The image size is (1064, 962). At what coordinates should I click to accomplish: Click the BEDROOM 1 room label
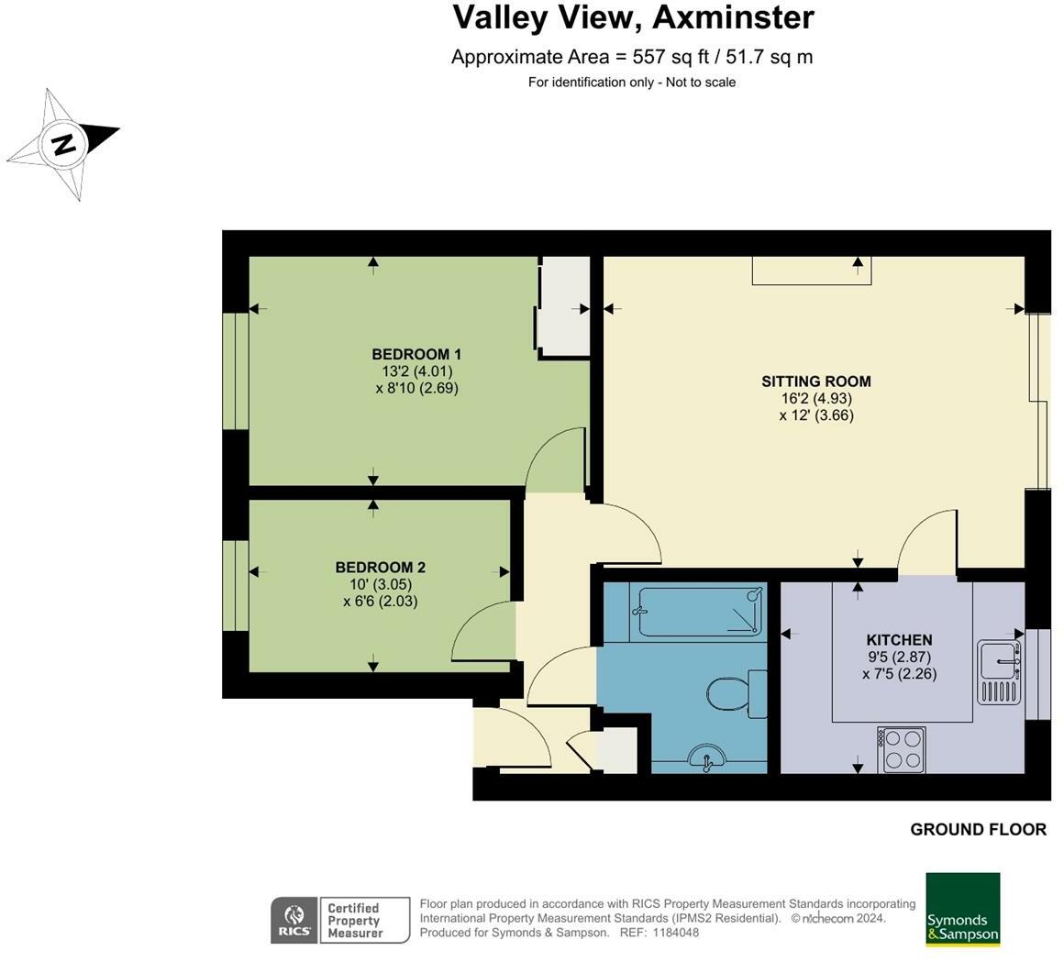[416, 354]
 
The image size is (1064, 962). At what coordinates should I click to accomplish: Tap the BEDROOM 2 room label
[380, 567]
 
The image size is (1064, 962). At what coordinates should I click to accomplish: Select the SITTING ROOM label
[816, 381]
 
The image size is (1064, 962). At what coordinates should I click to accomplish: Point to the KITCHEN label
[899, 640]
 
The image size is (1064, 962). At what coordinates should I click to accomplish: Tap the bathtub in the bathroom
[698, 612]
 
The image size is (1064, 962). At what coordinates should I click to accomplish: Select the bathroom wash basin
[706, 759]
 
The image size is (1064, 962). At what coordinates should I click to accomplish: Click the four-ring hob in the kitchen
[901, 750]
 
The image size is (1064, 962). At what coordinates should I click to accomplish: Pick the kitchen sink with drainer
[1000, 671]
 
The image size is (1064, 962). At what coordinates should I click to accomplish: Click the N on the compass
[64, 145]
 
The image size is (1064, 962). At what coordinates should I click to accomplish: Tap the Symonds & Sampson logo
[963, 909]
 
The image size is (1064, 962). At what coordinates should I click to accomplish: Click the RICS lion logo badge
[294, 920]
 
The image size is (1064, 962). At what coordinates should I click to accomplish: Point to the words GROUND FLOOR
[978, 830]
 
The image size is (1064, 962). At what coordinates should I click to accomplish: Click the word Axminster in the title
[733, 17]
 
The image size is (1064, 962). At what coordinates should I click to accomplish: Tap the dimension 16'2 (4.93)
[816, 399]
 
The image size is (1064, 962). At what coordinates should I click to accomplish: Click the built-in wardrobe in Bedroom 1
[564, 306]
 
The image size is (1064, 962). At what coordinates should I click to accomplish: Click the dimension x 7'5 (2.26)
[899, 674]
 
